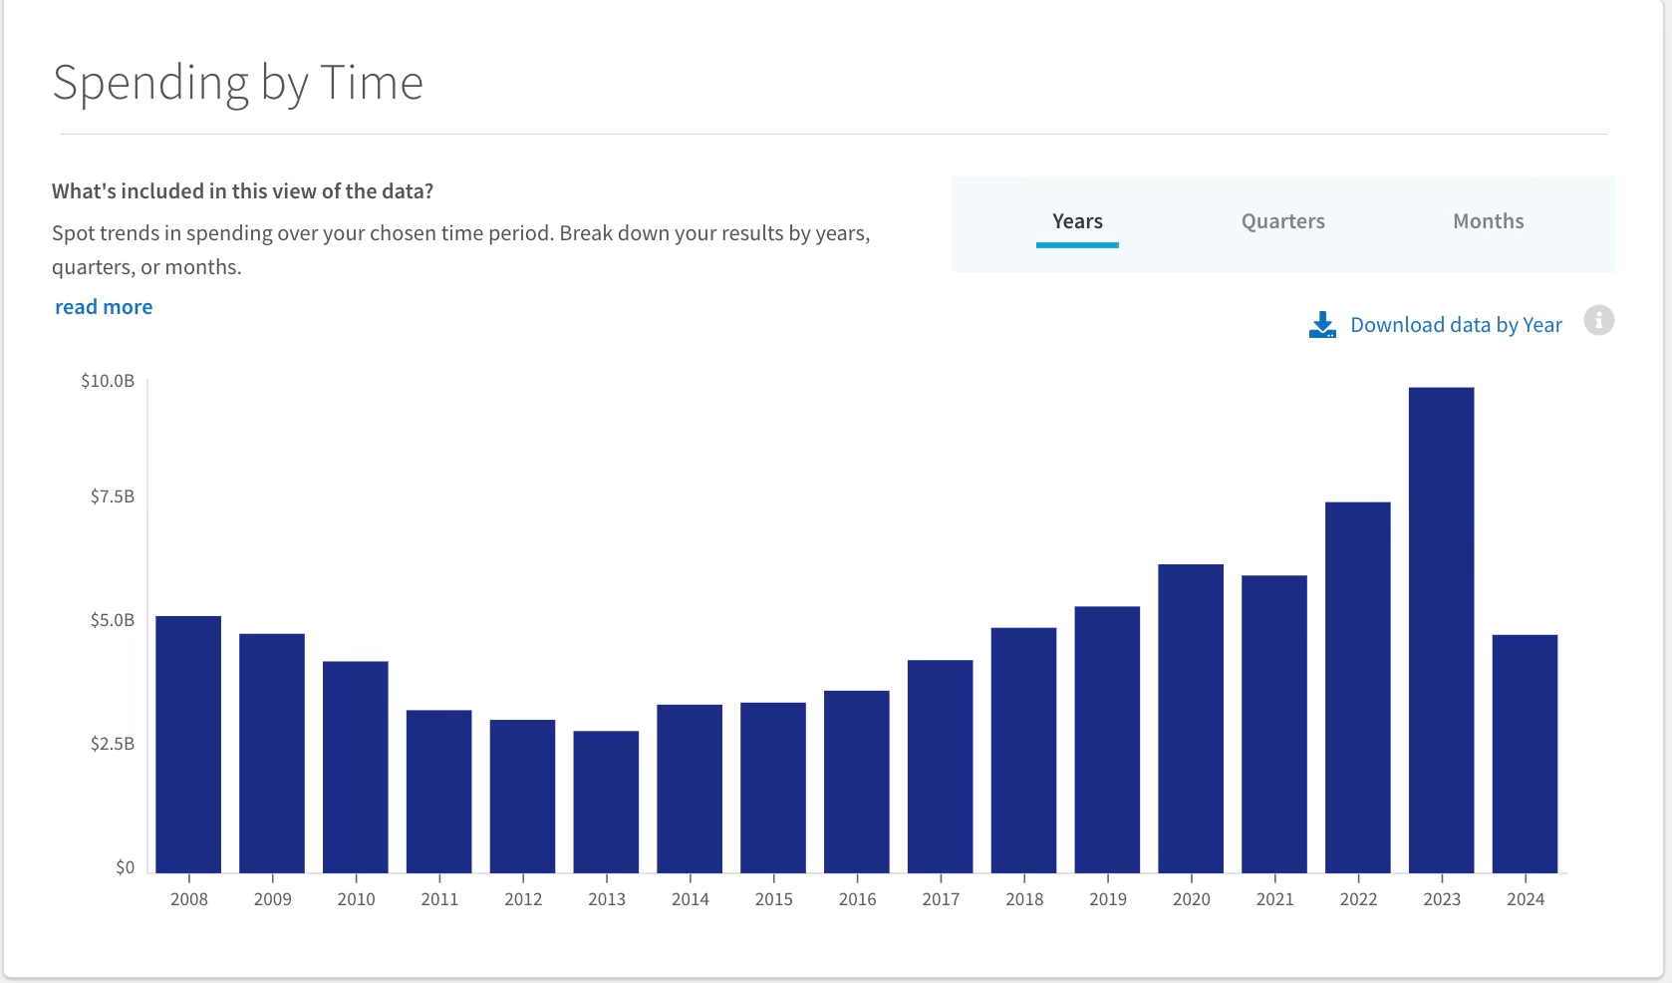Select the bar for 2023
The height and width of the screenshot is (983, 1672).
click(x=1442, y=630)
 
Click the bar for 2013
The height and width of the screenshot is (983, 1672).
click(x=606, y=802)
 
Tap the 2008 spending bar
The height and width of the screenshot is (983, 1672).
click(x=188, y=744)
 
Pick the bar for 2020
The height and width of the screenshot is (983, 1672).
click(x=1191, y=719)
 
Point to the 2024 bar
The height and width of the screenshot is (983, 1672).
click(x=1525, y=754)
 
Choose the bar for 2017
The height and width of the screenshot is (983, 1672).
click(x=941, y=767)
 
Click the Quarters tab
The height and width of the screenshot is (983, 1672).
click(x=1283, y=221)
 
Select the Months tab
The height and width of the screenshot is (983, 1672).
click(x=1489, y=221)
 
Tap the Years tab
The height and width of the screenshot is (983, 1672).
click(x=1077, y=221)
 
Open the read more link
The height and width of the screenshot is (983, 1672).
click(x=104, y=306)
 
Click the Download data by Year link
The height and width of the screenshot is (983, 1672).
click(x=1457, y=325)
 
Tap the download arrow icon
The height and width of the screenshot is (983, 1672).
click(x=1322, y=325)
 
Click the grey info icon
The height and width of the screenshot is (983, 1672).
click(x=1599, y=320)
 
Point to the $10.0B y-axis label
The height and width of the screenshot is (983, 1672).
click(x=108, y=381)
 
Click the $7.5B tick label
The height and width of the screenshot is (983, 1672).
click(x=112, y=496)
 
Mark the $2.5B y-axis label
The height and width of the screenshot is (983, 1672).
click(x=112, y=744)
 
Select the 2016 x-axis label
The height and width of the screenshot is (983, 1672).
click(x=857, y=899)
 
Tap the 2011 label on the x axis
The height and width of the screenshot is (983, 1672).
click(x=438, y=899)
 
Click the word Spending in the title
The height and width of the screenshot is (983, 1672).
click(x=150, y=82)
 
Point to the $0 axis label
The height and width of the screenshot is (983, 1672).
click(x=125, y=867)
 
